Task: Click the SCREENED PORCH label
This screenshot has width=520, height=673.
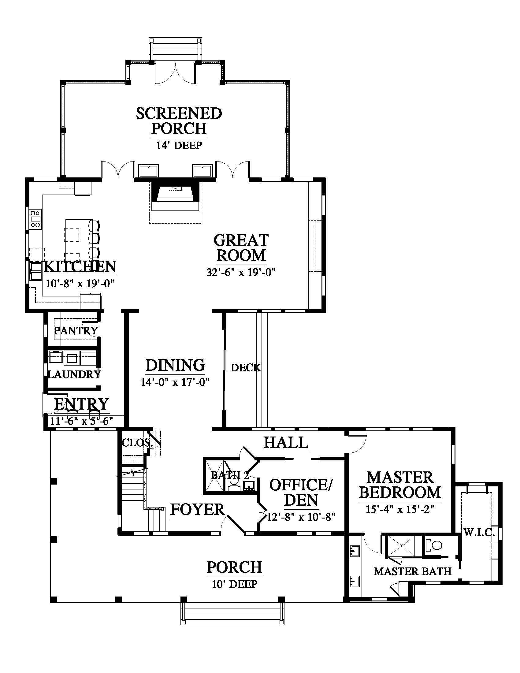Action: (179, 121)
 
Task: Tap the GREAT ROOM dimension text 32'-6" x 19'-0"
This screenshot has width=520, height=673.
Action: (241, 272)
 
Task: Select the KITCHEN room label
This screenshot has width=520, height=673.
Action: (80, 266)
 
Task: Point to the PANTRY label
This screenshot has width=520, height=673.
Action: (76, 331)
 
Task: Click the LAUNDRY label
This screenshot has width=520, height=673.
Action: (74, 374)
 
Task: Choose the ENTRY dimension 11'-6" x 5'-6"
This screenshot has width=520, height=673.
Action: (81, 421)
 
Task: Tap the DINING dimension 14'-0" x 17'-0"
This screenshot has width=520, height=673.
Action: (175, 382)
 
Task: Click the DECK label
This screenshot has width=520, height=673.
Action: (246, 368)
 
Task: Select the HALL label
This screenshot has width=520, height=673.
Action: (286, 443)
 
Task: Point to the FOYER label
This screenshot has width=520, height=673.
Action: (198, 509)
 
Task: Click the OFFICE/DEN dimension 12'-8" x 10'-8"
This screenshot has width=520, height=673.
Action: (301, 517)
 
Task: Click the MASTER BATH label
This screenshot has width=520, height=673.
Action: (413, 572)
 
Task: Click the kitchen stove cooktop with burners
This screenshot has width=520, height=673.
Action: (35, 219)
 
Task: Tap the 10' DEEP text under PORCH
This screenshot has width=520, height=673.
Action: (234, 584)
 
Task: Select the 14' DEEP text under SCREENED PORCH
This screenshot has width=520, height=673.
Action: (179, 145)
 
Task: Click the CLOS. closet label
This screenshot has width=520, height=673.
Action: (137, 443)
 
